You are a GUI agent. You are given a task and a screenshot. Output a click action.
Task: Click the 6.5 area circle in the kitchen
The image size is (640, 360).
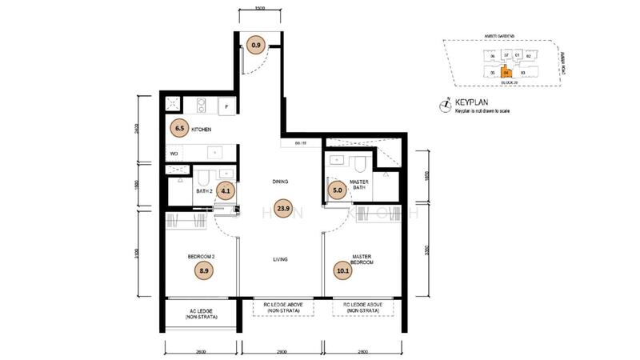[x=179, y=127]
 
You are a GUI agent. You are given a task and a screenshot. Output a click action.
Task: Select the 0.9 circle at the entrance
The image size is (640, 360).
[x=256, y=45]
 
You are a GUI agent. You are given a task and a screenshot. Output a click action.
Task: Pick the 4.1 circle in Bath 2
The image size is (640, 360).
[x=226, y=190]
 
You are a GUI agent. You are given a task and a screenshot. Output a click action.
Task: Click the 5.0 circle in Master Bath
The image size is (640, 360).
[x=338, y=190]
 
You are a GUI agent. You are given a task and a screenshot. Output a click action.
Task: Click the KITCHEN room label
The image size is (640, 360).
[x=202, y=128]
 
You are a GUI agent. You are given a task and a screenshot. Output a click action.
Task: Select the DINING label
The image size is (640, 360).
[x=279, y=182]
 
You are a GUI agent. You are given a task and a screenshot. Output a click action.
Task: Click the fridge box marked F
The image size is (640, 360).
[x=227, y=106]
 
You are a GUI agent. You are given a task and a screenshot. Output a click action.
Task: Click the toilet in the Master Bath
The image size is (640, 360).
[x=361, y=163]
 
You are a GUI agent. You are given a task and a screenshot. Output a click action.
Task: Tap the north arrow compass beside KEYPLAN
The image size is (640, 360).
[x=445, y=105]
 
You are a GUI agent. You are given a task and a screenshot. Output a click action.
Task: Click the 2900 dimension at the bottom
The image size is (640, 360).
[x=279, y=352]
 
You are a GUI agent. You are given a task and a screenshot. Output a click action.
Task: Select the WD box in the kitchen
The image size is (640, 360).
[x=173, y=153]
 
